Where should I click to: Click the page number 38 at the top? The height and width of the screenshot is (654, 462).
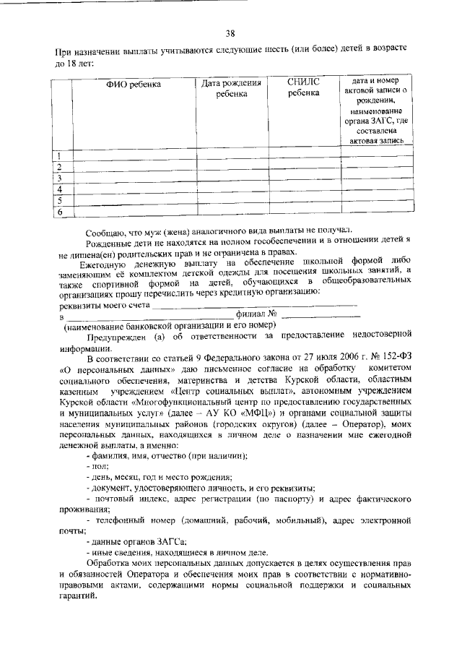[230, 33]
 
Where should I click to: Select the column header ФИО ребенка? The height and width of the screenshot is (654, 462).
[134, 85]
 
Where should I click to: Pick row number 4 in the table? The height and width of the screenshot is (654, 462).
[58, 189]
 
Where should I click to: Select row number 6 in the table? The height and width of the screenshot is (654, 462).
[59, 212]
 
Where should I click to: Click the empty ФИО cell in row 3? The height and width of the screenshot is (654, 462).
[134, 178]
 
